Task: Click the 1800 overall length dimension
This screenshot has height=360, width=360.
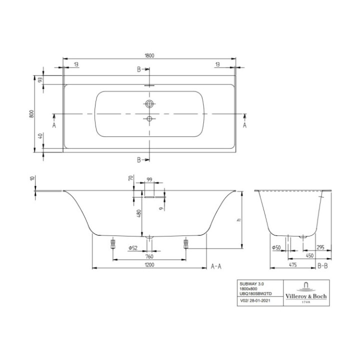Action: pyautogui.click(x=149, y=56)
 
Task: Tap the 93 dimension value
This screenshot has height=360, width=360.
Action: pyautogui.click(x=40, y=79)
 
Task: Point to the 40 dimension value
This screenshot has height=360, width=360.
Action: pyautogui.click(x=40, y=137)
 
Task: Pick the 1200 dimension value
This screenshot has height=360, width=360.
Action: pyautogui.click(x=149, y=266)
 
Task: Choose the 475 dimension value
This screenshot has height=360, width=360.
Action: pyautogui.click(x=293, y=266)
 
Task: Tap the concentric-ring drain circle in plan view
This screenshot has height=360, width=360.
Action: pyautogui.click(x=149, y=104)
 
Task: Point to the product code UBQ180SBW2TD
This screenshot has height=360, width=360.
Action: pyautogui.click(x=255, y=293)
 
